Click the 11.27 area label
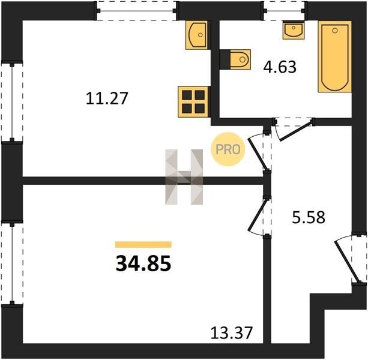point(107,98)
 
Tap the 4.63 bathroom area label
point(280,67)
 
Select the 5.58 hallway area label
point(309,217)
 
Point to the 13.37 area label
point(231,332)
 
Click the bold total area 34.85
point(143,263)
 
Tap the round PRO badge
point(228,149)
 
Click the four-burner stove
point(193,101)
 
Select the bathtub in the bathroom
point(334,56)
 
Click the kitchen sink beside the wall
point(197,35)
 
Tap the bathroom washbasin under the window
point(294,30)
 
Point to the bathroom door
point(294,129)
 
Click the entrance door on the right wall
point(351,258)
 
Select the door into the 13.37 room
point(259,217)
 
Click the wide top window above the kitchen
point(136,11)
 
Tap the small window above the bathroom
point(284,11)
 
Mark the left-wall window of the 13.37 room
point(12,263)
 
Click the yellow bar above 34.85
point(143,245)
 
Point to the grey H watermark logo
point(184,177)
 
